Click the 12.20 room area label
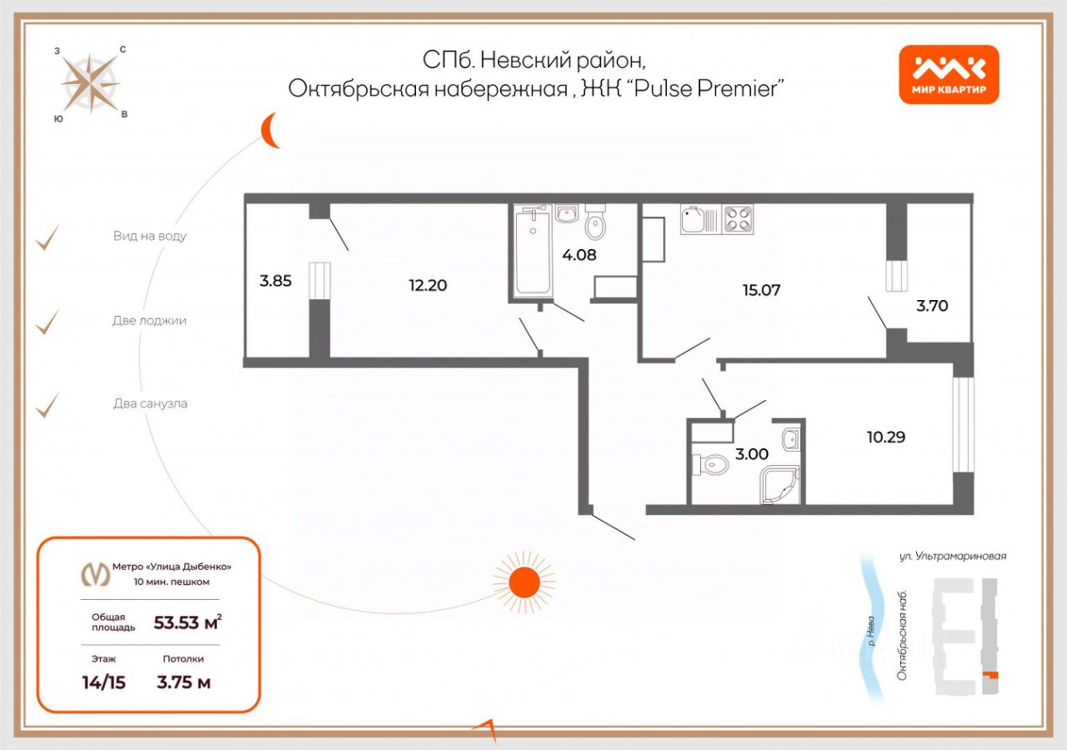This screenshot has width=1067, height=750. [428, 285]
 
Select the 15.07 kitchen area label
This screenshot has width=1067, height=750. [761, 290]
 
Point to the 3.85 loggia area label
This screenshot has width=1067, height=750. [275, 281]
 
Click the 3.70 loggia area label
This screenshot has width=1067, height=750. [932, 306]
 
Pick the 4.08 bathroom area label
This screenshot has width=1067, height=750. [579, 255]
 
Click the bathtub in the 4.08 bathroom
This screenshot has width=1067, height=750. [533, 252]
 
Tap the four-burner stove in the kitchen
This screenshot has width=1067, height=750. [738, 219]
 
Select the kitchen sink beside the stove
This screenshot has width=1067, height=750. [695, 219]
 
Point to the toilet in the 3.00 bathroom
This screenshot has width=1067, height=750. [713, 463]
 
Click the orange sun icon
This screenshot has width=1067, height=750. [523, 580]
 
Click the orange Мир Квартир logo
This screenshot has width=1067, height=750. [949, 74]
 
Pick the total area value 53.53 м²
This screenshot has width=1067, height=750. [188, 622]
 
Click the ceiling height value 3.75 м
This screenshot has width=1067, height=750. [183, 682]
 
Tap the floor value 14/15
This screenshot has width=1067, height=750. [103, 682]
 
